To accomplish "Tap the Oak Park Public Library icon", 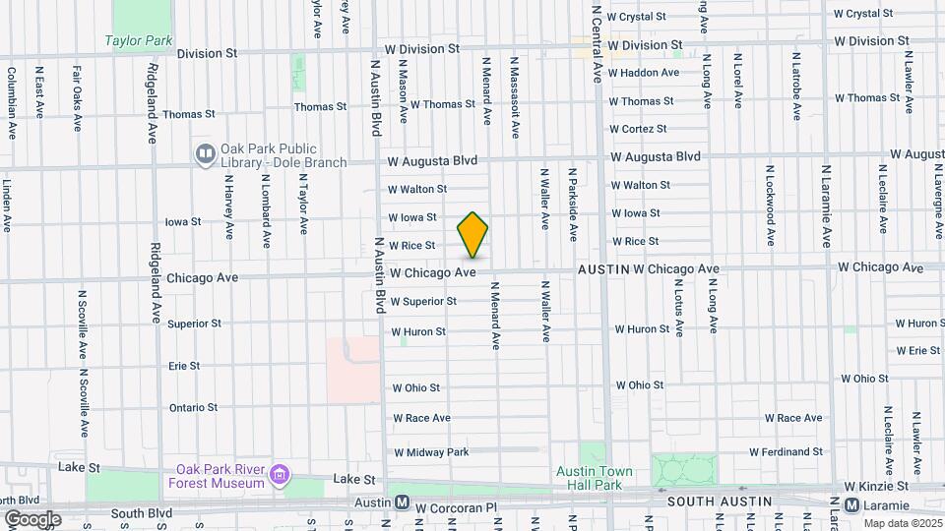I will pyautogui.click(x=206, y=154).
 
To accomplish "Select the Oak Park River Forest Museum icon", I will pyautogui.click(x=281, y=475).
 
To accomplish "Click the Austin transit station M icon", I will pyautogui.click(x=402, y=502).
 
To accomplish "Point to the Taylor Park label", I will pyautogui.click(x=139, y=41).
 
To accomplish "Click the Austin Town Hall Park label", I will pyautogui.click(x=589, y=479).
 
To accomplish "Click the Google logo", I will pyautogui.click(x=32, y=518).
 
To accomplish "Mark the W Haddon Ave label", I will pyautogui.click(x=644, y=73).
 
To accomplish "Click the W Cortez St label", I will pyautogui.click(x=638, y=129).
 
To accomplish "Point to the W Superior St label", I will pyautogui.click(x=423, y=302).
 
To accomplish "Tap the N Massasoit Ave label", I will pyautogui.click(x=514, y=89).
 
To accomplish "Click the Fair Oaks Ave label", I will pyautogui.click(x=75, y=98).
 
